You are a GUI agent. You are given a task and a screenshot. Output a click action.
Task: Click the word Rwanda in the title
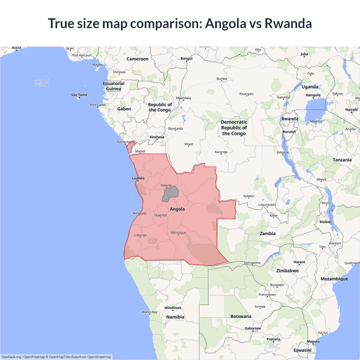coord(288,23)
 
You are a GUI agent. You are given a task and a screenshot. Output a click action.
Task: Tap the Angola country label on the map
coord(177,209)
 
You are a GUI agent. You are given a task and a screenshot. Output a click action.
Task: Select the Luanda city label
coord(138,178)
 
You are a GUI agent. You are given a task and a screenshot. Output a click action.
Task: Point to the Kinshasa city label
coord(157,137)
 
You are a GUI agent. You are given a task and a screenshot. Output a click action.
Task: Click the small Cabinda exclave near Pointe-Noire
coord(130,147)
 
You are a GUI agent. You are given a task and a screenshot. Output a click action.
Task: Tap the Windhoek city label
coord(173,308)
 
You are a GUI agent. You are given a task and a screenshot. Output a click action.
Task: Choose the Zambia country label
coord(267,233)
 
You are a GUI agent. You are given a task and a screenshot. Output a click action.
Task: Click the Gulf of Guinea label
coord(41,82)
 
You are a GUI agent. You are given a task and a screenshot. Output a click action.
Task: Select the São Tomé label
coord(79,95)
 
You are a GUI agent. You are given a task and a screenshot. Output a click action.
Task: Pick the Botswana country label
coord(241,316)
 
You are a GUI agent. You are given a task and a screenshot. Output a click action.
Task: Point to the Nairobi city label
coord(351,110)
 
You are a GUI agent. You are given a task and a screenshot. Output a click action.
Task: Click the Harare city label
coord(299,262)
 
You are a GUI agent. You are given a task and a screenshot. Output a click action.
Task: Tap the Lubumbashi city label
coord(267,204)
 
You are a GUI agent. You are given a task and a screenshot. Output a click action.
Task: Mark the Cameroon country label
coord(137,59)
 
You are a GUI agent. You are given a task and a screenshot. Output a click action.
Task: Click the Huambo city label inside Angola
coord(161,215)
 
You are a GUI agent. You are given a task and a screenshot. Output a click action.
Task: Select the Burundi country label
coord(289,132)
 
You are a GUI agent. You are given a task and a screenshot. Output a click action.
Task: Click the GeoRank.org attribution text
coord(11,357)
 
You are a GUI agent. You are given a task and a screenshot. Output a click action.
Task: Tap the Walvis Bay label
coord(150,312)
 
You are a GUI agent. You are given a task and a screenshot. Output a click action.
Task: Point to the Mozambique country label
coord(334,279)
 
